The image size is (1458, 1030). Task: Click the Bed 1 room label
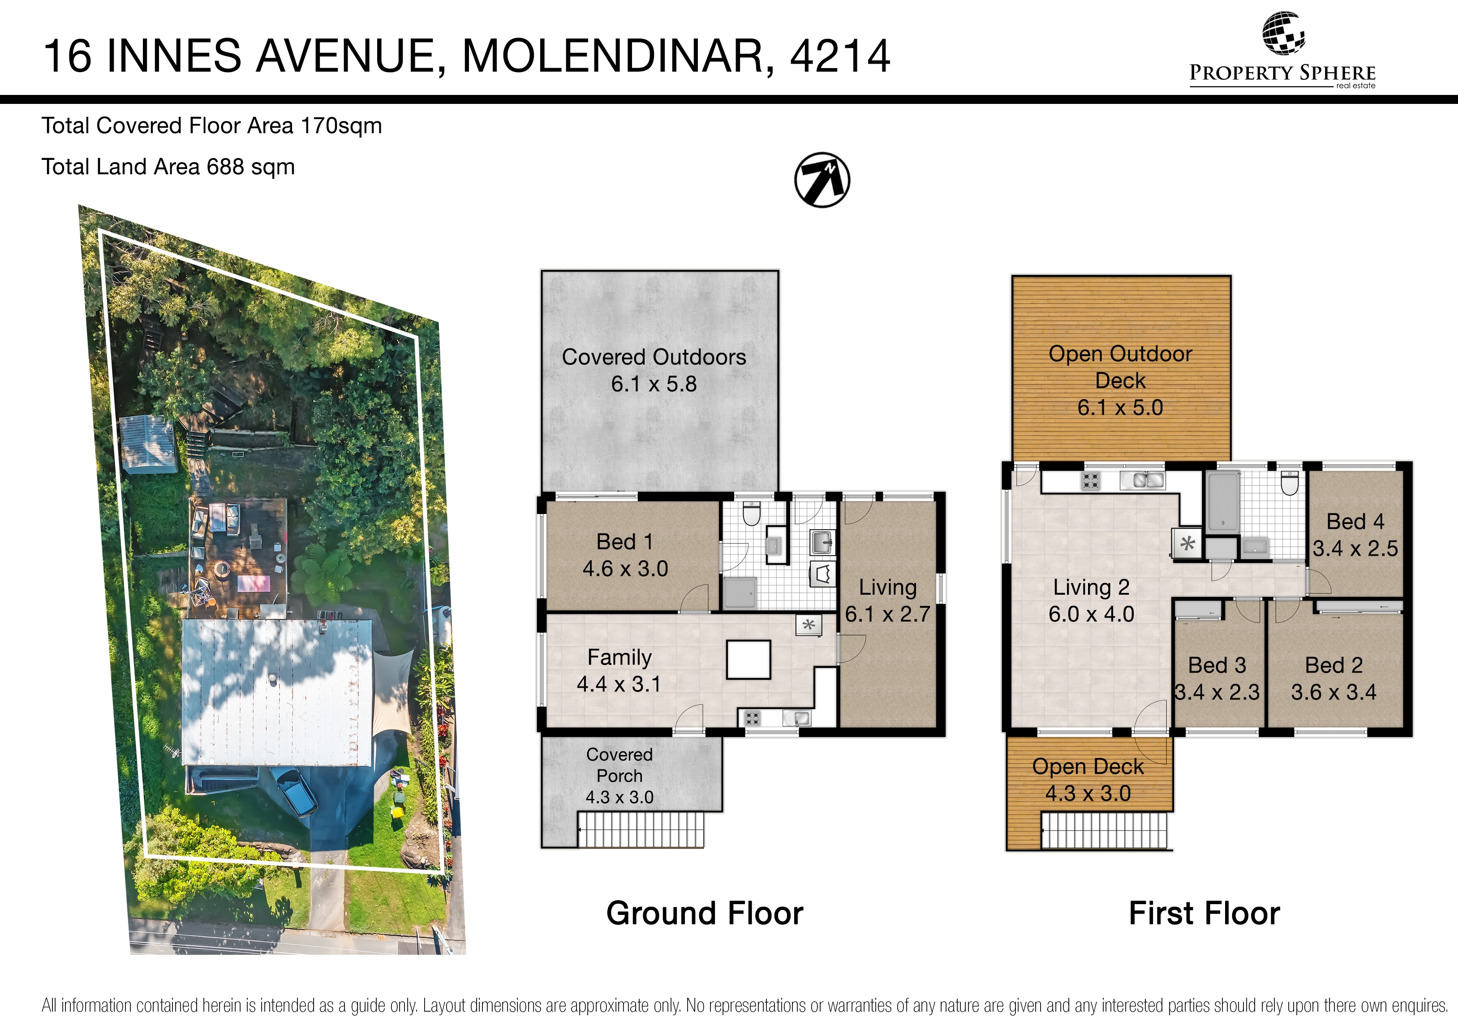tap(625, 542)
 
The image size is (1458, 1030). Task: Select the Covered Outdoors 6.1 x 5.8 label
tap(654, 370)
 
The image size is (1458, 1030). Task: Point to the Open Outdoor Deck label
tap(1120, 367)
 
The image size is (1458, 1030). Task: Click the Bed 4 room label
tap(1355, 521)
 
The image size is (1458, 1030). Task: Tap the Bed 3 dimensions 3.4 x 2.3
tap(1217, 692)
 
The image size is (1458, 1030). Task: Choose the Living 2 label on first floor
tap(1091, 588)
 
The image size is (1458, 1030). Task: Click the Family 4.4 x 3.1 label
tap(619, 670)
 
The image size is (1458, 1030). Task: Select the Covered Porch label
tap(619, 765)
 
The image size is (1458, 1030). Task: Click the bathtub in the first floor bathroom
tap(1222, 501)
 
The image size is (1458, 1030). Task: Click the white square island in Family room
tap(748, 660)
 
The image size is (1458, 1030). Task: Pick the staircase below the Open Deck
tap(1104, 831)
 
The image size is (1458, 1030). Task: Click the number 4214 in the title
tap(839, 56)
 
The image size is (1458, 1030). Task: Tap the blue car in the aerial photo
tap(295, 790)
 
